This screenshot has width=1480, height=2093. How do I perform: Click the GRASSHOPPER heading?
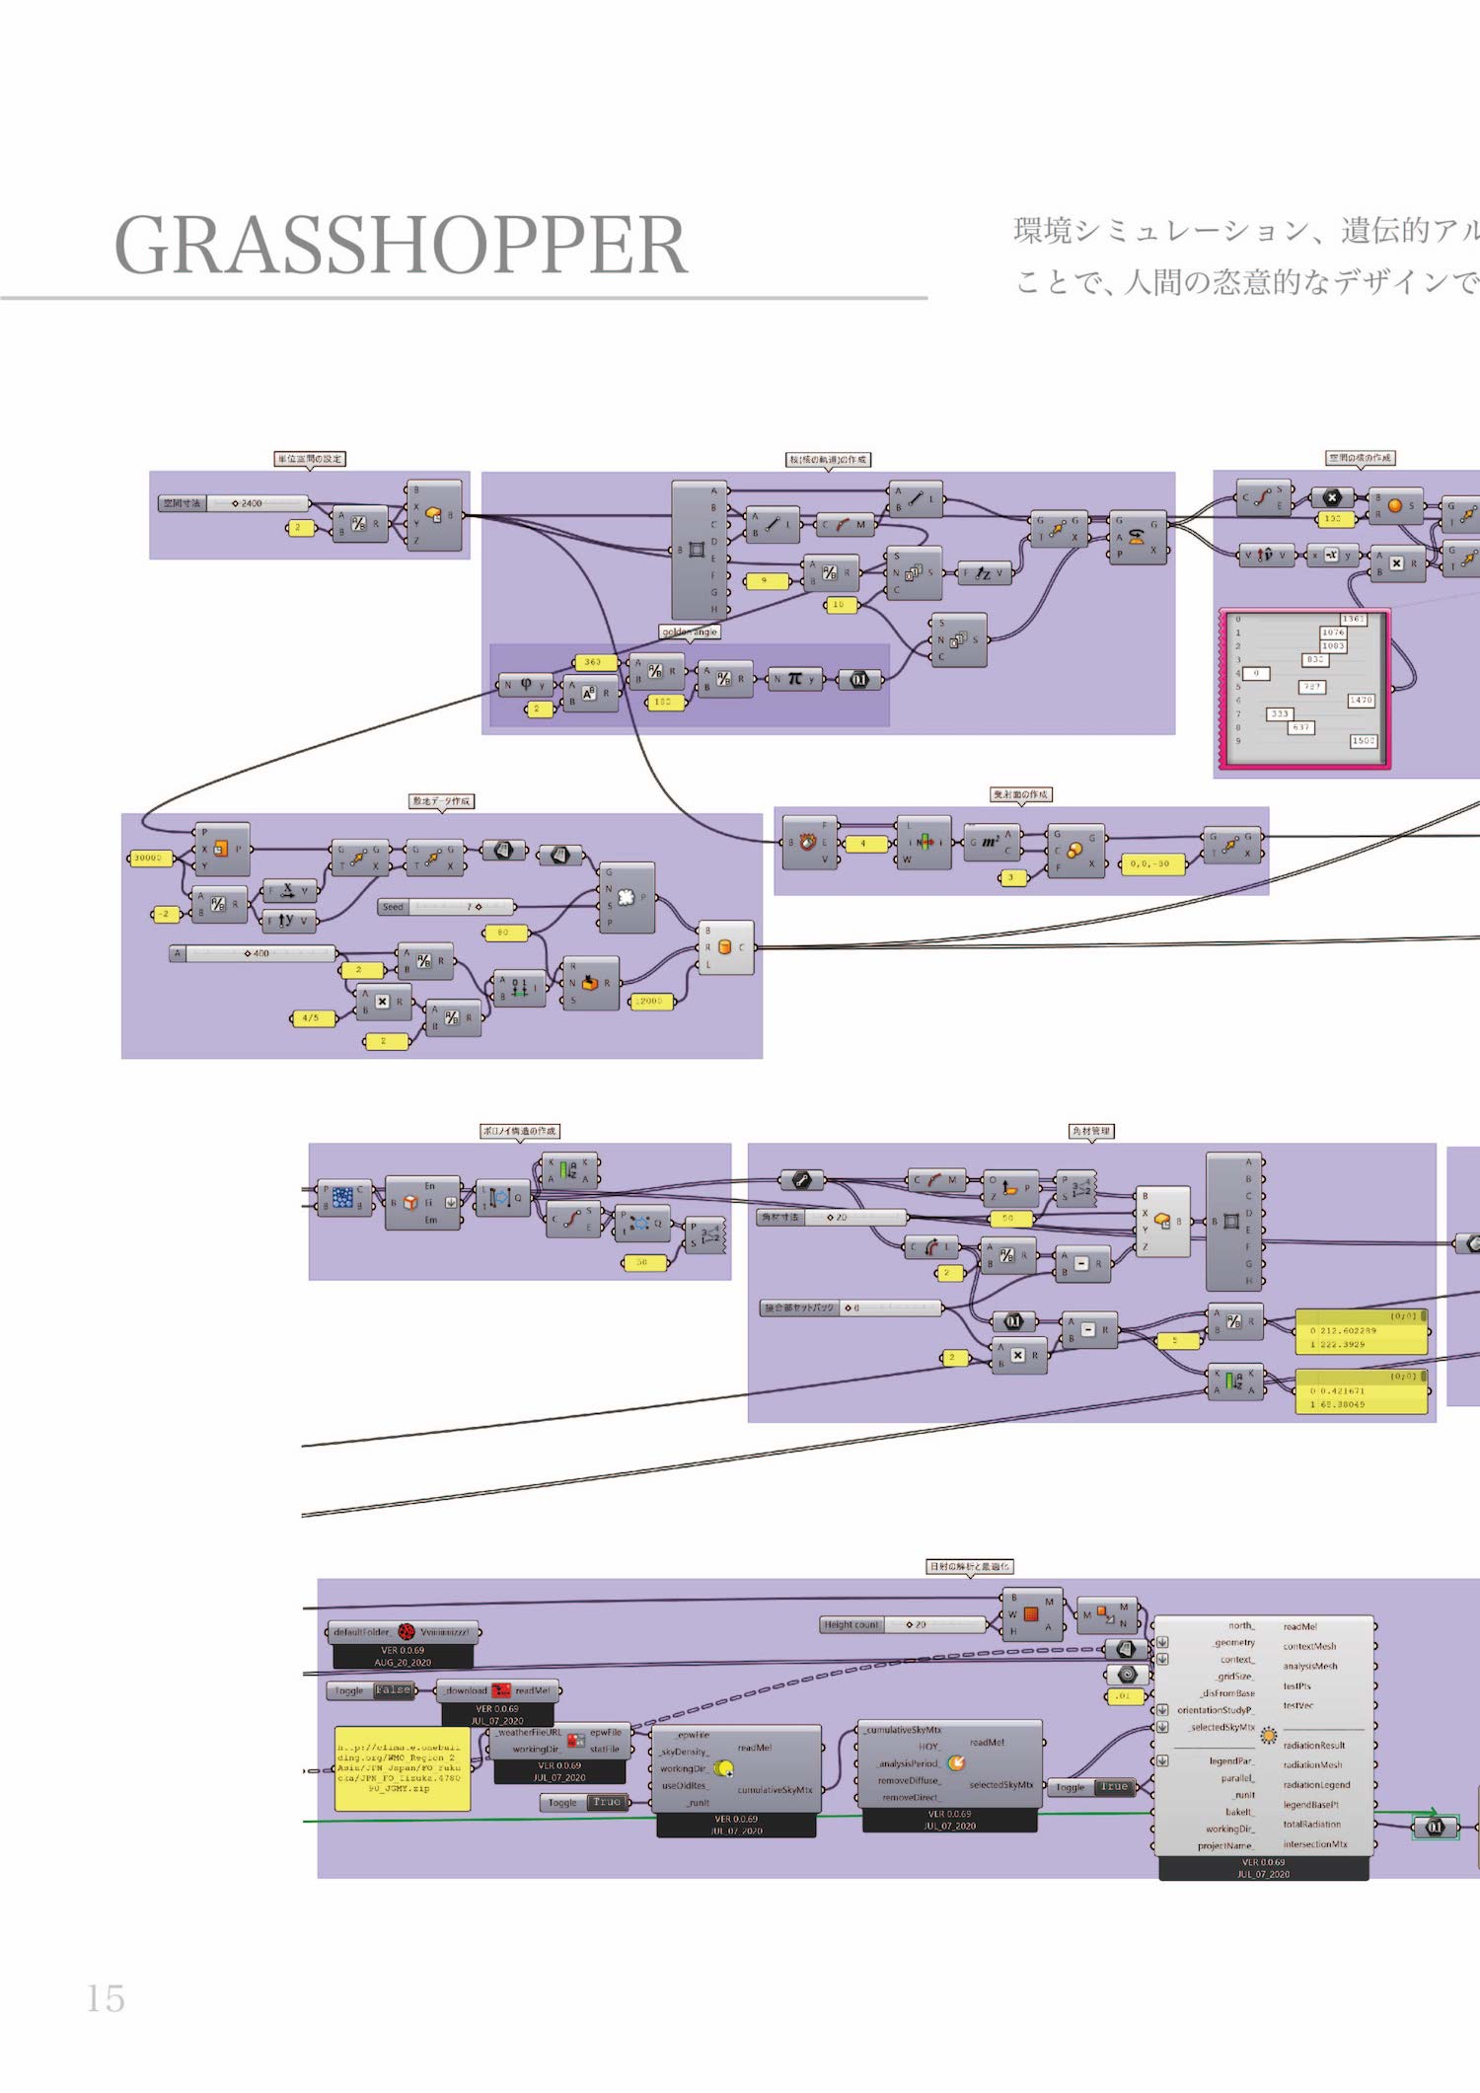point(401,246)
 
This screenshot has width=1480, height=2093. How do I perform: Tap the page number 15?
point(106,1998)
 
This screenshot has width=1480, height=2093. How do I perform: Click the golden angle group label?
point(690,632)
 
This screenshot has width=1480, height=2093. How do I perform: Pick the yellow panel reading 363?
point(593,662)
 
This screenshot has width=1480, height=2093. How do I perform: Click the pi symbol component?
point(795,679)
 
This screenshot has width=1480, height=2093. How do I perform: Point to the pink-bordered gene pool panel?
point(1304,689)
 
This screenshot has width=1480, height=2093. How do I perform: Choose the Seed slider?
point(446,906)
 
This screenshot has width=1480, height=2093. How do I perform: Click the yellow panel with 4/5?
point(311,1017)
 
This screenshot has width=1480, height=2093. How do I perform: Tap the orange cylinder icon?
point(725,947)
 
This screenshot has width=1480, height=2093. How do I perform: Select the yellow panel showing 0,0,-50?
point(1149,863)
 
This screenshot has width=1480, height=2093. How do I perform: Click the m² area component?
point(990,842)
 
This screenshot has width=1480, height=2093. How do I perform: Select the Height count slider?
point(903,1624)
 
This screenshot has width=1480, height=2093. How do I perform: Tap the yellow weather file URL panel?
point(402,1767)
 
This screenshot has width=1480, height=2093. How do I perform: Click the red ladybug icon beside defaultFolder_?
point(406,1631)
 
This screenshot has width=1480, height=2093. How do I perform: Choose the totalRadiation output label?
point(1311,1824)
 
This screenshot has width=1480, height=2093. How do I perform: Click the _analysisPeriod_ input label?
point(907,1763)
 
